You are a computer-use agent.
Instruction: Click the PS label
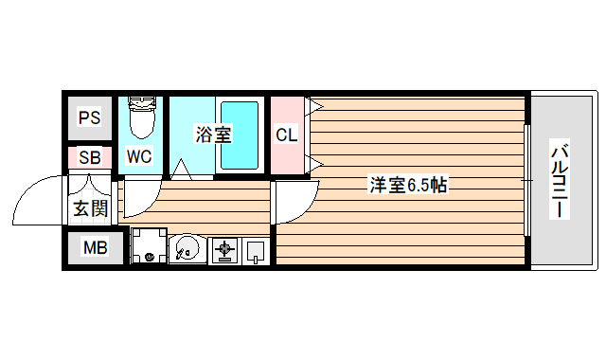click(x=89, y=118)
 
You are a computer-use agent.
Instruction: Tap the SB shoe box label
click(x=89, y=158)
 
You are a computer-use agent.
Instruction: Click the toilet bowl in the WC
click(x=140, y=118)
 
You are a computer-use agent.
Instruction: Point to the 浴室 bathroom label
click(x=213, y=135)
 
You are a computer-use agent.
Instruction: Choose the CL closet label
click(x=286, y=135)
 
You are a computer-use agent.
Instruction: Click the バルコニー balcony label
click(x=560, y=180)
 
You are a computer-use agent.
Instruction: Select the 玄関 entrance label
click(x=90, y=208)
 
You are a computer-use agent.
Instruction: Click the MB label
click(x=95, y=249)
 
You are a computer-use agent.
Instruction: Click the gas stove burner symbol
click(x=225, y=251)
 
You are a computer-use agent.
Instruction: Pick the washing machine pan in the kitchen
click(x=148, y=248)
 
